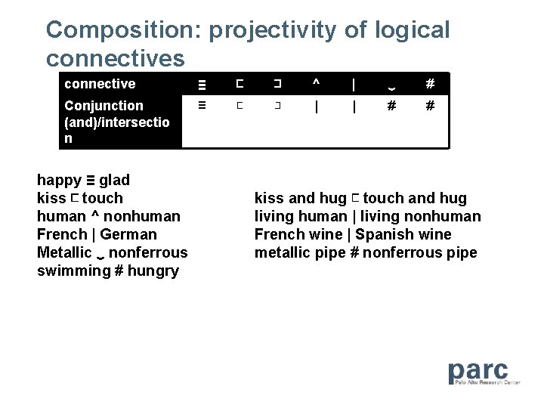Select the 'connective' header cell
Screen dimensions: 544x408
click(x=100, y=84)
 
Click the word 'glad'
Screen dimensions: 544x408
click(x=114, y=180)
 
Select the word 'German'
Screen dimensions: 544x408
click(x=128, y=234)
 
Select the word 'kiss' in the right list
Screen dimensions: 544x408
click(x=269, y=198)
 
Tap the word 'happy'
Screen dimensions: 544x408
click(x=59, y=180)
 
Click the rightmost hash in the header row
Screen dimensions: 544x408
click(x=429, y=83)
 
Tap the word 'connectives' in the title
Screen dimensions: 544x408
click(x=115, y=58)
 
